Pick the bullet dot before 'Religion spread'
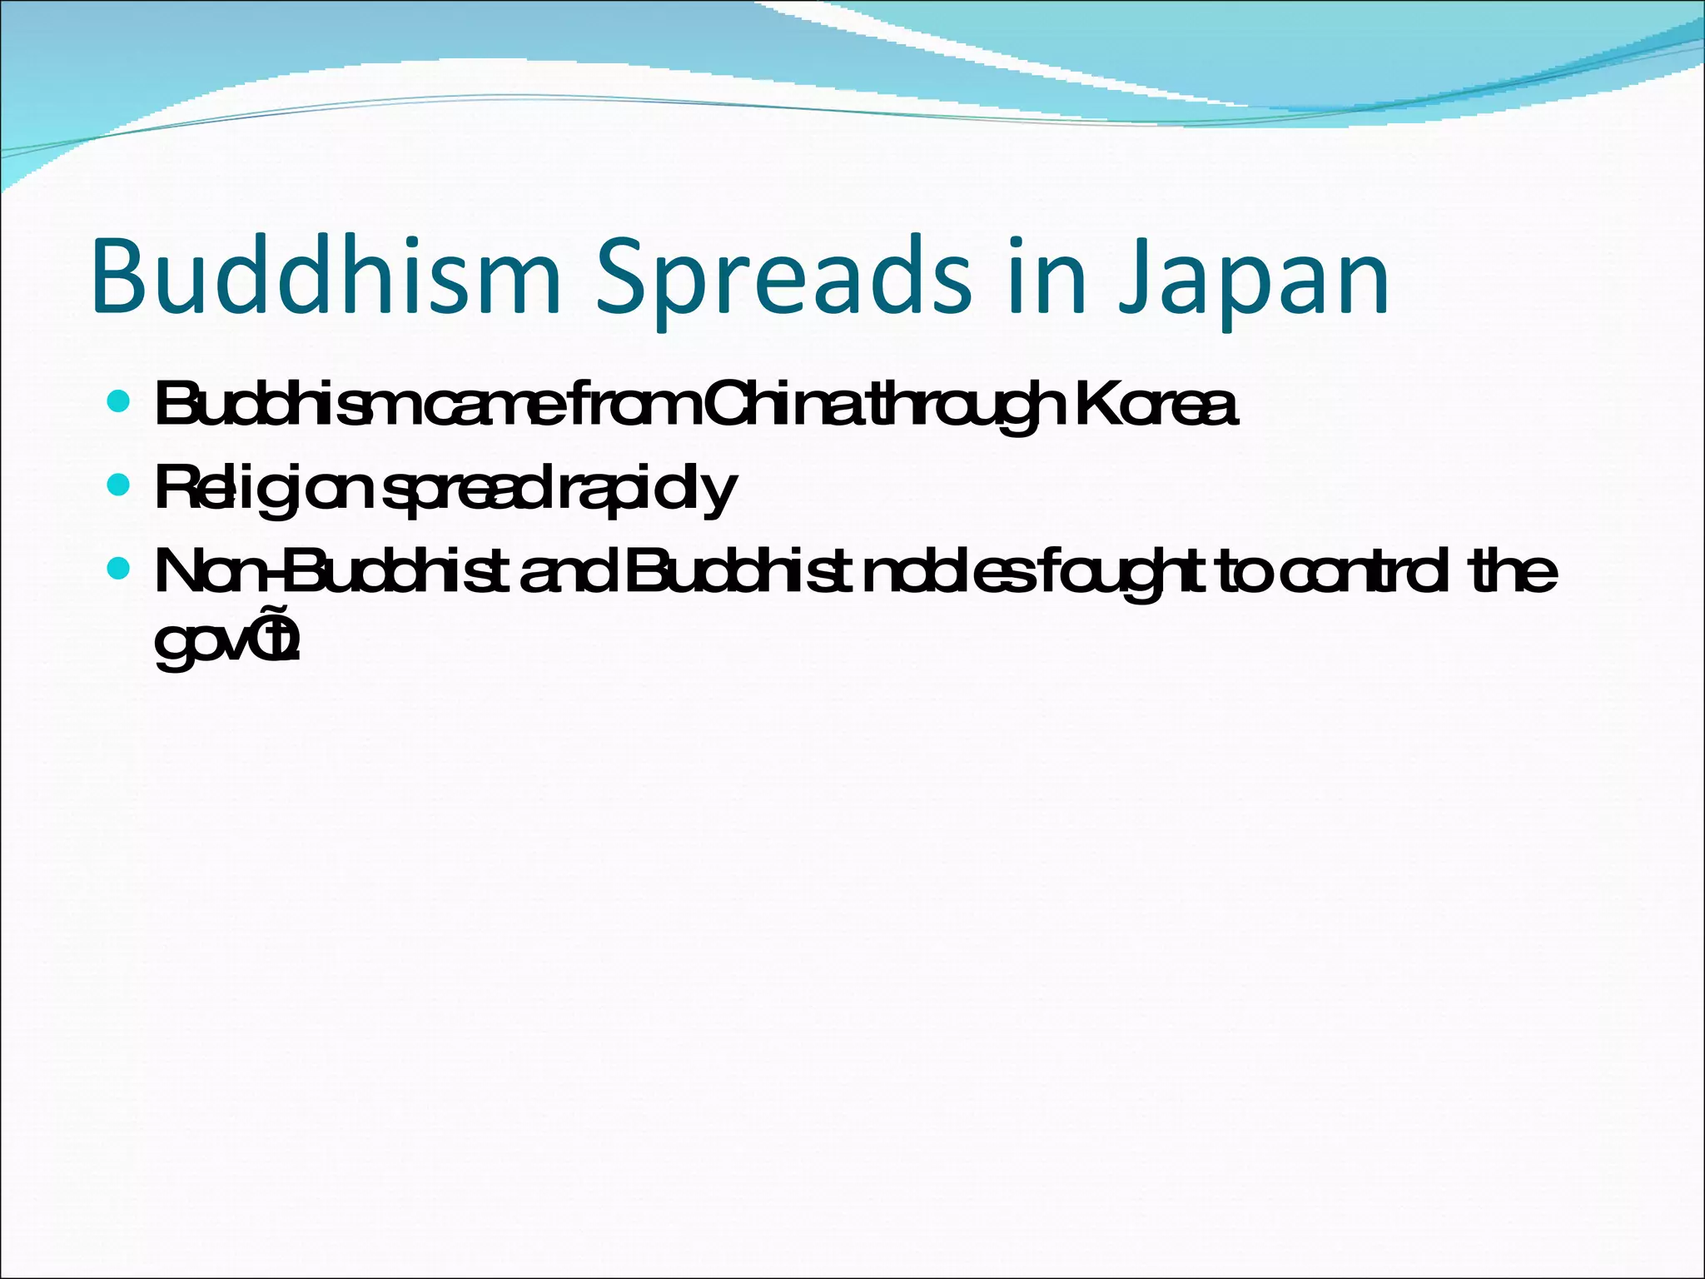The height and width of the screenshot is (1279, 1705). click(x=119, y=484)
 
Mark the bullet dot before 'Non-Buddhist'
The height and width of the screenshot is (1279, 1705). click(x=119, y=569)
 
